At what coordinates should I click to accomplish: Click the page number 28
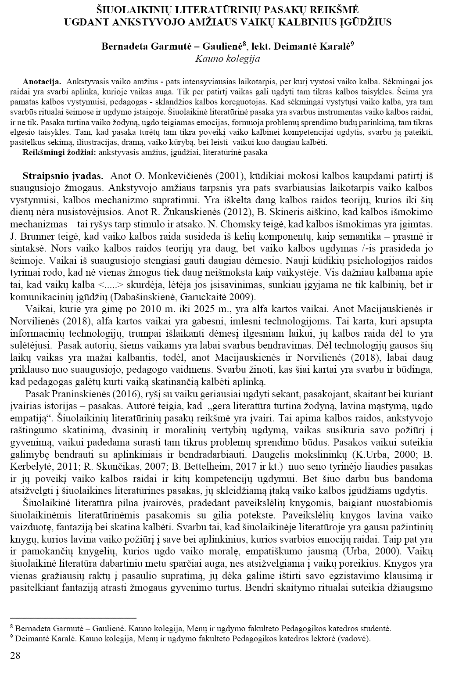[x=15, y=656]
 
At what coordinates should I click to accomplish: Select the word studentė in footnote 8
[x=375, y=629]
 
